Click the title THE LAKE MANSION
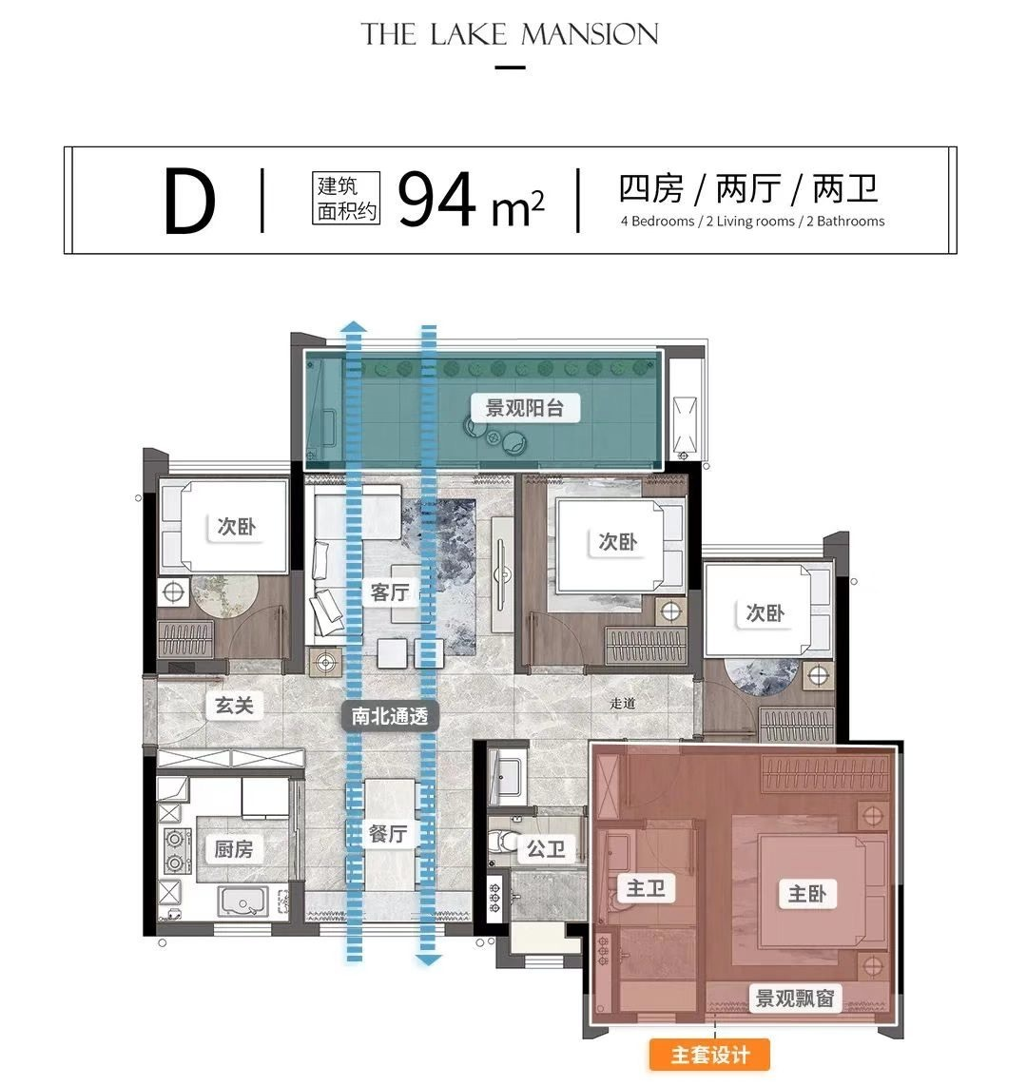coord(510,35)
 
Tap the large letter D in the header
coord(190,202)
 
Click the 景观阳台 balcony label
coord(525,408)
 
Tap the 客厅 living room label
coord(390,592)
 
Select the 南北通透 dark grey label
coord(390,715)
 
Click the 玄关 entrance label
coord(234,706)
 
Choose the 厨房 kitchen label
coord(234,849)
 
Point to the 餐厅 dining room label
coord(388,834)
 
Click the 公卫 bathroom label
coord(546,848)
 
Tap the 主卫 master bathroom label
coord(646,889)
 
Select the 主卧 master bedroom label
coord(806,893)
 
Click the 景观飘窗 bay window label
coord(795,999)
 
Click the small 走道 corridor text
coord(623,704)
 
